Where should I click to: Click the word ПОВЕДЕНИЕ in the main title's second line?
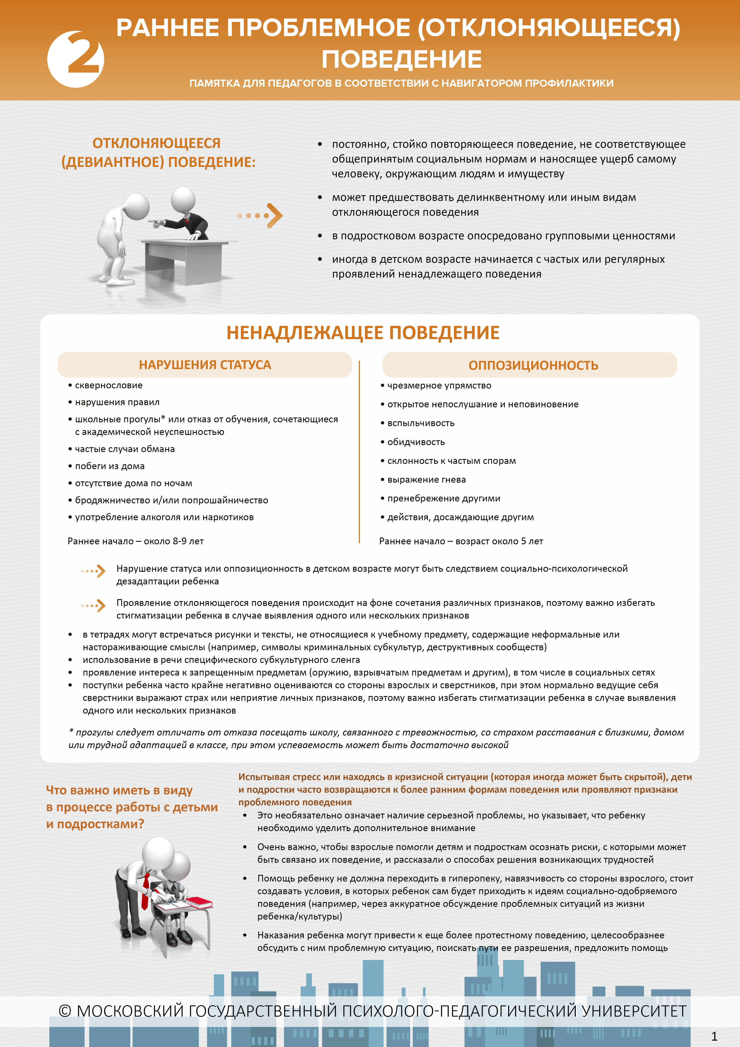tap(401, 59)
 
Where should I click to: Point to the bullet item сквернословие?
tap(108, 385)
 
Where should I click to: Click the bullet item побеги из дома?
tap(109, 466)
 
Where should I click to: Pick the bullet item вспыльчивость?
tap(421, 423)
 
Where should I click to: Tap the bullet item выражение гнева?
tap(426, 480)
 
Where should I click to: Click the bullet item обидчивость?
tap(416, 442)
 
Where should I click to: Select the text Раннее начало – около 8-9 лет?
tap(135, 541)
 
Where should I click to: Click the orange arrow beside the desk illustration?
tap(273, 215)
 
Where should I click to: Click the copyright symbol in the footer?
tap(65, 1011)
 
